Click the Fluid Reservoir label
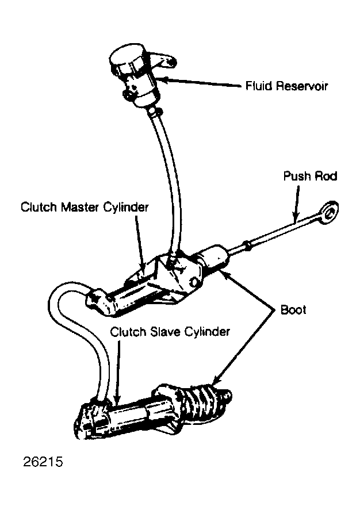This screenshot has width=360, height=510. click(286, 86)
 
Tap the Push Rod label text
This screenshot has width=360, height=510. click(310, 176)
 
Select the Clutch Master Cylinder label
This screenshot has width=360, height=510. click(85, 207)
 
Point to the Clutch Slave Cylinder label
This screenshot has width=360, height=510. click(170, 332)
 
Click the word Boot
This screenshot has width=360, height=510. click(293, 310)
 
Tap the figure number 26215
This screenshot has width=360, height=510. click(43, 462)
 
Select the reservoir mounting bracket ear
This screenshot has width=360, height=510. click(164, 61)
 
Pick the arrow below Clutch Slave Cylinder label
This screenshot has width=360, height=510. click(117, 371)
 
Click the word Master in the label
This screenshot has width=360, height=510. click(81, 207)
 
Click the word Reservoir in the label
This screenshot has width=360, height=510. click(301, 86)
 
